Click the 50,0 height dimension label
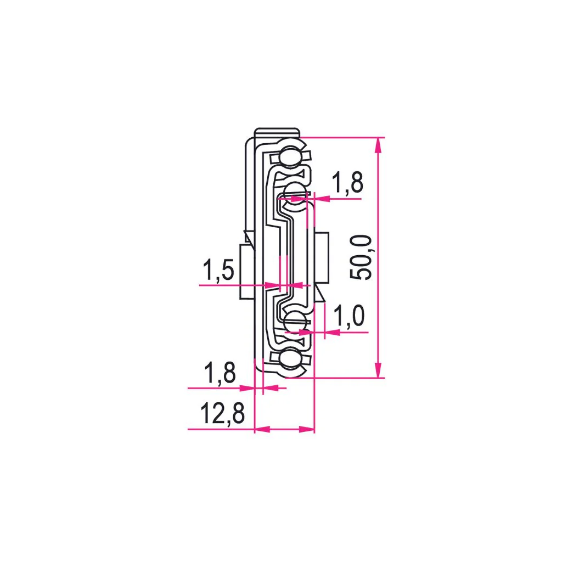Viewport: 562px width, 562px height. coord(361,257)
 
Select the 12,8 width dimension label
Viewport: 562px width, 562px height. coord(222,414)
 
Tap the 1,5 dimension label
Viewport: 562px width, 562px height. coord(218,270)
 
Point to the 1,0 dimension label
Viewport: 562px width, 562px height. coord(349,316)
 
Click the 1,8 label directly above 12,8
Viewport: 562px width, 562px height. coord(220,373)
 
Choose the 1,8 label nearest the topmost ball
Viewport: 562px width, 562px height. coord(347,182)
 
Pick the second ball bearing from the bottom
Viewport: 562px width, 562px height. coord(295,321)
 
